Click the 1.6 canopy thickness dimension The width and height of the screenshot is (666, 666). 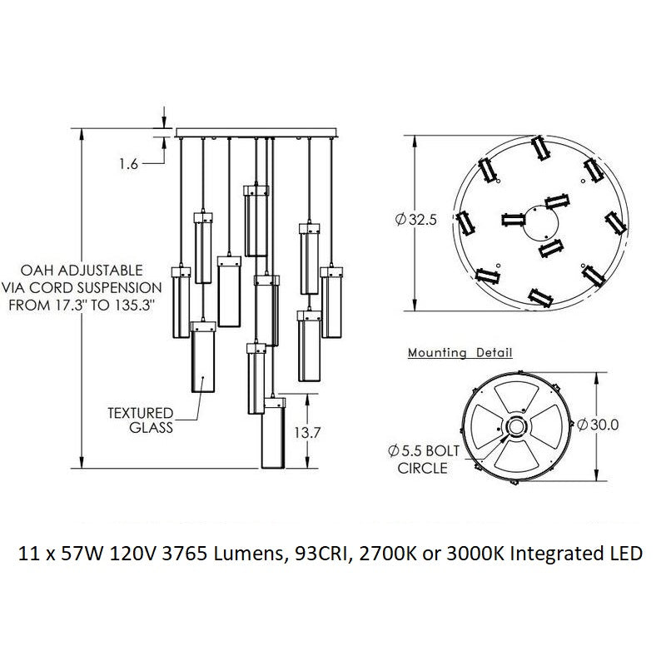click(x=128, y=164)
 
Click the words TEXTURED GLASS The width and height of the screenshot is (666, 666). click(x=140, y=420)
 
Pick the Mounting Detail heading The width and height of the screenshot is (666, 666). click(x=460, y=353)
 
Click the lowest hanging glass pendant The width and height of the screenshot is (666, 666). click(x=273, y=437)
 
